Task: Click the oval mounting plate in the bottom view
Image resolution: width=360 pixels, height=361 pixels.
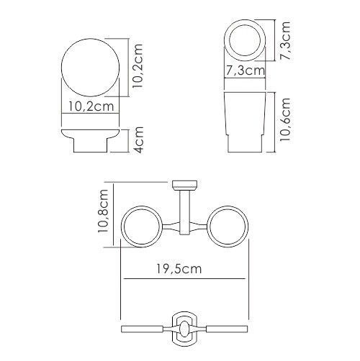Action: click(184, 327)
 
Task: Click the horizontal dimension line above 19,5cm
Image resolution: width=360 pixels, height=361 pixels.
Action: click(184, 278)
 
